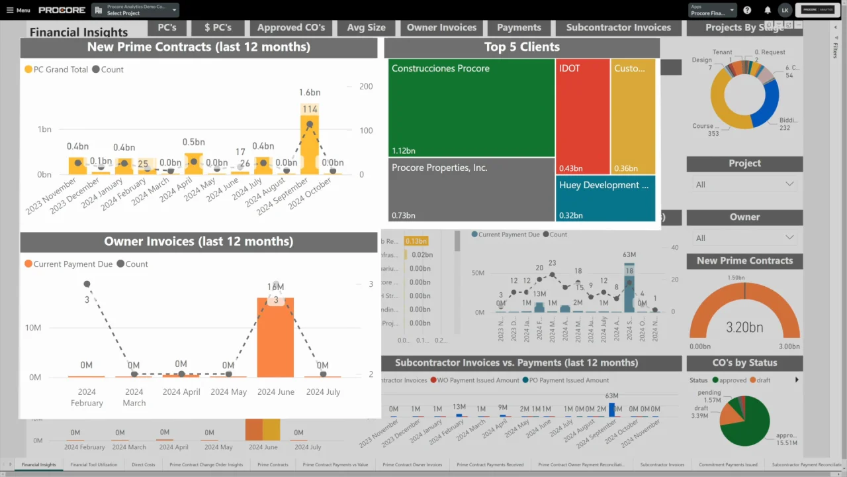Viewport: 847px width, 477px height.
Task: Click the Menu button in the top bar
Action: [x=18, y=10]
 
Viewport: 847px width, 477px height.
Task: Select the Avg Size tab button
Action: [x=366, y=27]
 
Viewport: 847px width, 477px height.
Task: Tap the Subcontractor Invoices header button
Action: [x=618, y=27]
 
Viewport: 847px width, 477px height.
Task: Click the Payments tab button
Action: [x=519, y=27]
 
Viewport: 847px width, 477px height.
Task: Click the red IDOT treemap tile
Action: [x=582, y=117]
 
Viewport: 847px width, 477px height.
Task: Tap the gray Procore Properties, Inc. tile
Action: [x=471, y=190]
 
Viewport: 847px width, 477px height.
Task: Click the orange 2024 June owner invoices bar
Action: [x=275, y=338]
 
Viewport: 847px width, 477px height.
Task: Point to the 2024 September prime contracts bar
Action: [x=309, y=146]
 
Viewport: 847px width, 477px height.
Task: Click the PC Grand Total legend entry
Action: [x=56, y=70]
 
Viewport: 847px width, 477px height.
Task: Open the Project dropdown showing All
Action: [x=744, y=184]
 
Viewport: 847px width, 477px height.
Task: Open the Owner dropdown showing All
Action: [x=744, y=238]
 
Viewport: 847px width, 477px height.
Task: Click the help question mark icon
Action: [x=747, y=10]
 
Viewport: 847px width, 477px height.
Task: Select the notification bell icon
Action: [x=768, y=10]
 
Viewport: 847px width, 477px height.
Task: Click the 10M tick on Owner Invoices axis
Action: [x=33, y=328]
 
